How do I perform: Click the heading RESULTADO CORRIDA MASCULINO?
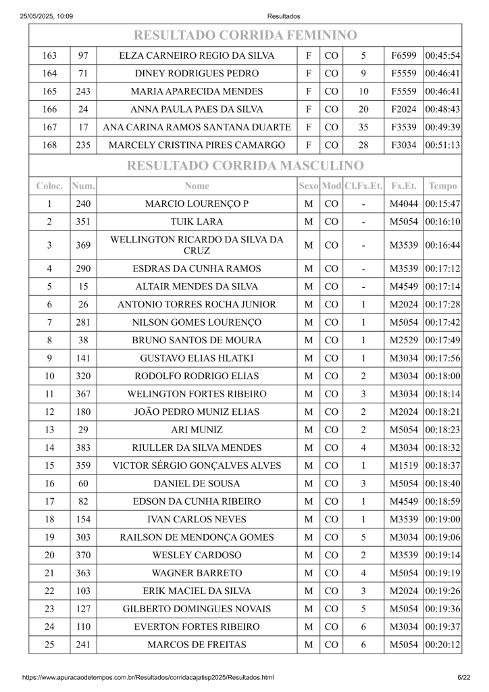tap(245, 166)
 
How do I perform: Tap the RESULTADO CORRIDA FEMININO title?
tap(245, 35)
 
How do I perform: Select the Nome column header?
tap(197, 186)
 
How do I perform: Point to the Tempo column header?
tap(442, 186)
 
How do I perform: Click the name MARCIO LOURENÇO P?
tap(197, 204)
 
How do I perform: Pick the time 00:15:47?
tap(442, 204)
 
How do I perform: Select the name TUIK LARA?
tap(197, 222)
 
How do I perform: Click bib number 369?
tap(83, 245)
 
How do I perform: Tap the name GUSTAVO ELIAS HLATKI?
tap(197, 358)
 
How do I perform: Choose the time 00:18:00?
tap(442, 376)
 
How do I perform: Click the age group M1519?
tap(404, 466)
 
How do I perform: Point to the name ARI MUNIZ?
tap(197, 430)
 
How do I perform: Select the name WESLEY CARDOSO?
tap(197, 555)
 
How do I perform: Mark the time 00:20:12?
tap(442, 645)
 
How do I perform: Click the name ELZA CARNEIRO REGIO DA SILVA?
tap(197, 56)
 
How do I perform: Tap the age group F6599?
tap(404, 56)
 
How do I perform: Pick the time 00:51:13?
tap(442, 145)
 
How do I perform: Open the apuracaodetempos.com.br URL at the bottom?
tap(148, 677)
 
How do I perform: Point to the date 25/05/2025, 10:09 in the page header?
tap(47, 16)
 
